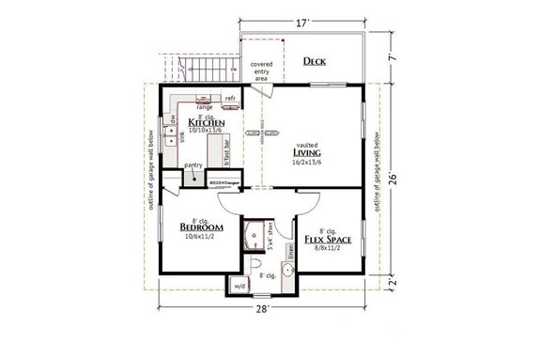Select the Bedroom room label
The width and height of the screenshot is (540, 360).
click(x=200, y=227)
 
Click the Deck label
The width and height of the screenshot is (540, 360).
click(x=314, y=62)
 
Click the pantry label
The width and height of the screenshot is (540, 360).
click(x=193, y=165)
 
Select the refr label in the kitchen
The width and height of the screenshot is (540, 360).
click(x=228, y=97)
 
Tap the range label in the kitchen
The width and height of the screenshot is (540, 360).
click(x=204, y=106)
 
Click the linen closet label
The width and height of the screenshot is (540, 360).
click(x=292, y=246)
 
